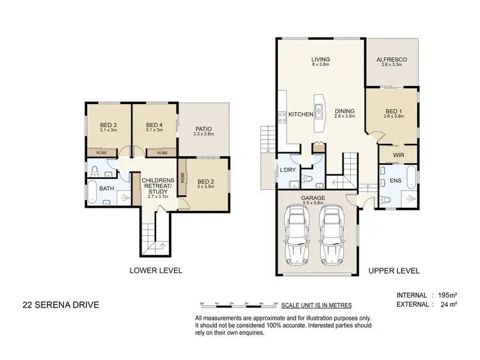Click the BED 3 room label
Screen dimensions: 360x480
click(x=108, y=125)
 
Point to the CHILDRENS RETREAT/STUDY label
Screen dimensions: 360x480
click(x=157, y=185)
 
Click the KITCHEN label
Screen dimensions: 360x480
click(x=300, y=114)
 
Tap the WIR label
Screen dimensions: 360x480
click(x=397, y=154)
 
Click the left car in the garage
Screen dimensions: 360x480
click(x=297, y=237)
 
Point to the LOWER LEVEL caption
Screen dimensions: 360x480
click(x=157, y=270)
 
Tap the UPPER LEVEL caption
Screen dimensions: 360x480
click(x=394, y=270)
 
